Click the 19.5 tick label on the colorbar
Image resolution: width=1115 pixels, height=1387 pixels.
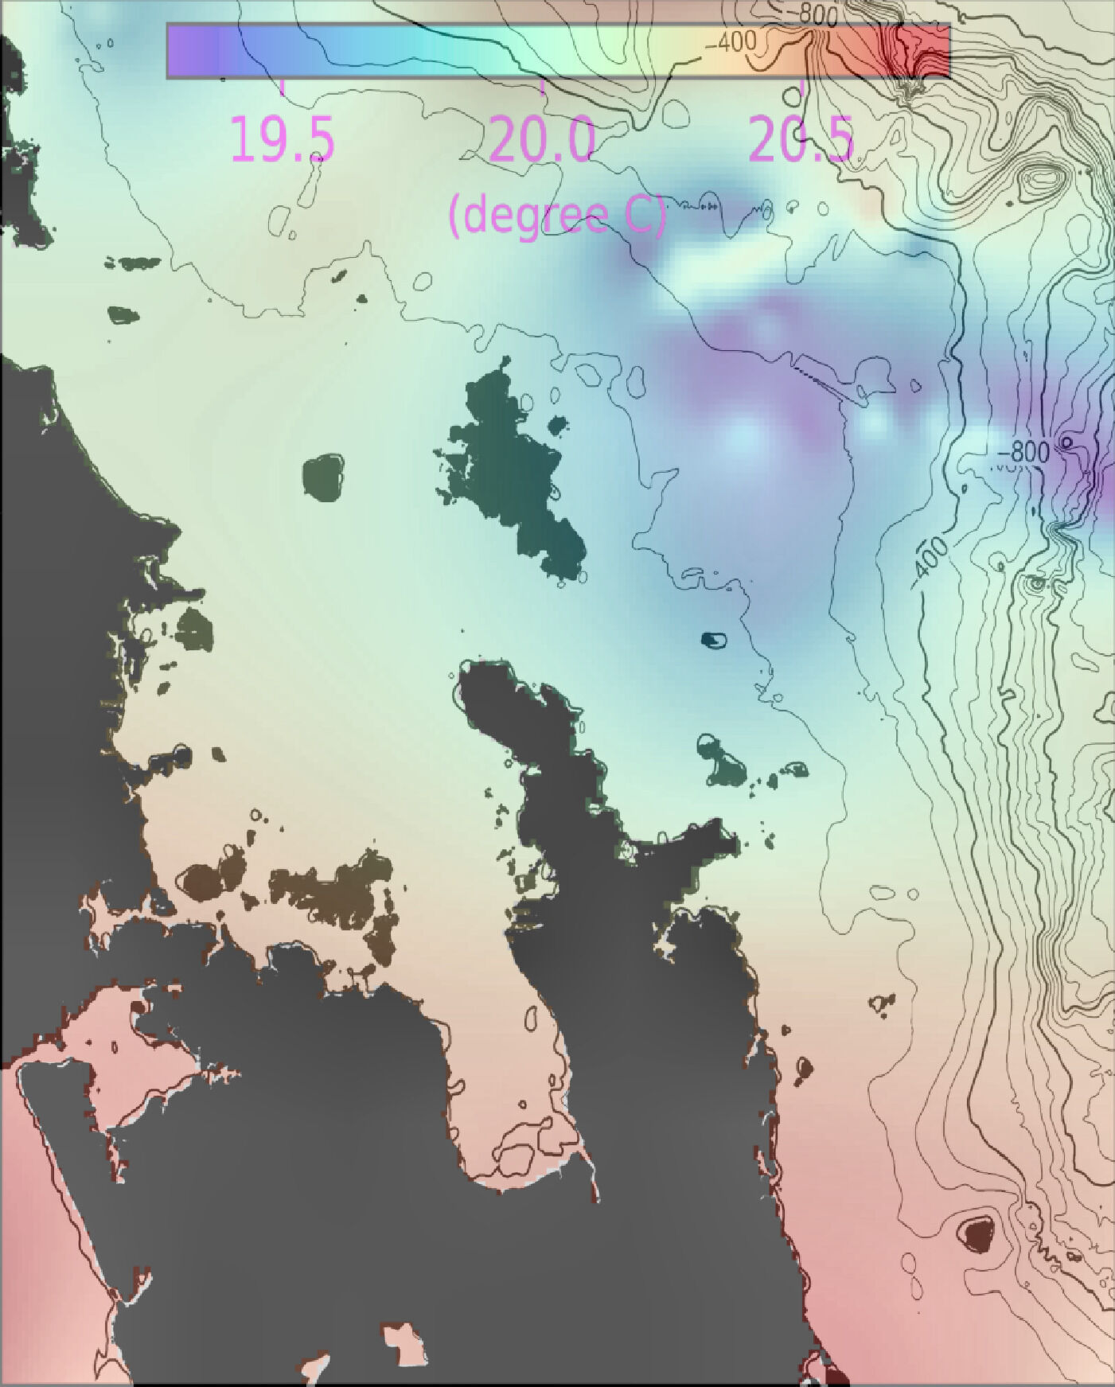pos(283,139)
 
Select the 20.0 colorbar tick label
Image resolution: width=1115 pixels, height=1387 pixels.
pos(542,139)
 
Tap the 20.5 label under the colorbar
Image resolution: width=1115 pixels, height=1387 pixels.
pos(801,139)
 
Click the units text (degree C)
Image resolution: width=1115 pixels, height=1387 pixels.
pos(556,215)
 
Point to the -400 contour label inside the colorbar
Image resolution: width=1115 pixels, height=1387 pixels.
pos(731,42)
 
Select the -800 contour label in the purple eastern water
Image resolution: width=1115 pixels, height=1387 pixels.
pos(1023,452)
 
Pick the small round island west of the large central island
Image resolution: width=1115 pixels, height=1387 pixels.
pos(324,477)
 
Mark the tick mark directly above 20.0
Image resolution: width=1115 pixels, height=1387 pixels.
pos(542,86)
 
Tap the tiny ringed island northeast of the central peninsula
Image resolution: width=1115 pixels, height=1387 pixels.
pos(714,639)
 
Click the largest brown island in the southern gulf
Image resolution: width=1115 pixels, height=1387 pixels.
pos(334,895)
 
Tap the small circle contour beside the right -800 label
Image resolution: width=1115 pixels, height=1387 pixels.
pos(1066,442)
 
